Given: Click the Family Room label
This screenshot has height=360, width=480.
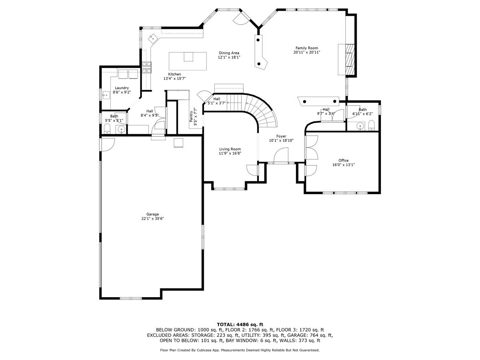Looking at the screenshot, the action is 306,48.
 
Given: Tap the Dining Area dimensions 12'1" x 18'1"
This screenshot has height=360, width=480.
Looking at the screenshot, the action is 229,57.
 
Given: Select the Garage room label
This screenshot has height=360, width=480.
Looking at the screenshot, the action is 153,214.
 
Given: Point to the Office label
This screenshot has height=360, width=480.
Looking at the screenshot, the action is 344,160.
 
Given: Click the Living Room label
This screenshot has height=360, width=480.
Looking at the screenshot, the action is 230,149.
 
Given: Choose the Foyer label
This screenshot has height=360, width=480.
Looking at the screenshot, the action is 281,136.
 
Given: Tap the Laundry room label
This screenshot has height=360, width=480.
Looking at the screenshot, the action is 122,88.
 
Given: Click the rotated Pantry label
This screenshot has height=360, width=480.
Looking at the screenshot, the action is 191,116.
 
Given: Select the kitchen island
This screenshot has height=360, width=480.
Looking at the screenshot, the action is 188,61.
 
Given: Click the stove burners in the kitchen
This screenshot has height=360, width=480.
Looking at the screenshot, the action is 147,67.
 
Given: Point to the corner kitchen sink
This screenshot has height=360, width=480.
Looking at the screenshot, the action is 153,39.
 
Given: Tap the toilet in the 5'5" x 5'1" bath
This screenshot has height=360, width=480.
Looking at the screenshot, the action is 107,128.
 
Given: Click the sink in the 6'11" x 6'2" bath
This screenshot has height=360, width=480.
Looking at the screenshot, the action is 360,126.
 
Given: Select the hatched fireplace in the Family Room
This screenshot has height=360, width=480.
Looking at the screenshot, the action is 350,60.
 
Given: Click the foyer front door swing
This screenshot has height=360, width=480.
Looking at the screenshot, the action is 281,155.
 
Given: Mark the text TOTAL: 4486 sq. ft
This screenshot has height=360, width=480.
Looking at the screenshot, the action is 240,324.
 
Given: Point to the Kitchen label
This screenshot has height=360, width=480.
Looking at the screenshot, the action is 174,74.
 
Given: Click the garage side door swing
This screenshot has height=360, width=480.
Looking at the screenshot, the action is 108,144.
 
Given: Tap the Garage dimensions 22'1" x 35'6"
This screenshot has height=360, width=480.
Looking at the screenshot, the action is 153,218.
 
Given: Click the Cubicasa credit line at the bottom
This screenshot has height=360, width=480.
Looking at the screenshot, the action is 240,350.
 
